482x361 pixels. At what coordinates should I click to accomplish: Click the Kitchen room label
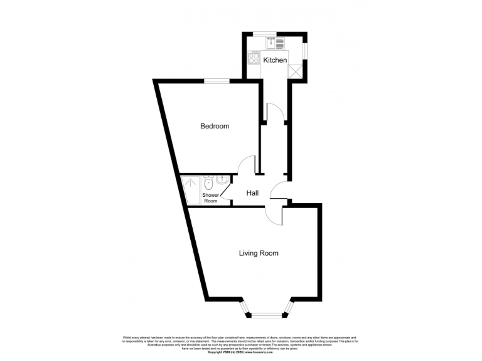coord(275,60)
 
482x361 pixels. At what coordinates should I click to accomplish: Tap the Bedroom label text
coord(215,126)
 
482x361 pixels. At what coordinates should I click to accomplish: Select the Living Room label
coord(259,253)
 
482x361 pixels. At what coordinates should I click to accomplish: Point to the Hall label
coord(253,193)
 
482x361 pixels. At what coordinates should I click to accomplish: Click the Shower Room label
coord(210,198)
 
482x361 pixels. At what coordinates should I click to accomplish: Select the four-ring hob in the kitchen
coord(255,58)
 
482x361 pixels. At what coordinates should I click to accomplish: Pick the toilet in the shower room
coord(208,183)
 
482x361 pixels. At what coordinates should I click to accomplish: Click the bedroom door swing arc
coord(246,166)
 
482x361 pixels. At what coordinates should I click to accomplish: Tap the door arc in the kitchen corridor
coord(275,113)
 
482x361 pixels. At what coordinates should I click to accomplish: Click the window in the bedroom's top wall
coord(219,81)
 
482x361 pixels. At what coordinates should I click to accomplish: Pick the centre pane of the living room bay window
coord(267,314)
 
